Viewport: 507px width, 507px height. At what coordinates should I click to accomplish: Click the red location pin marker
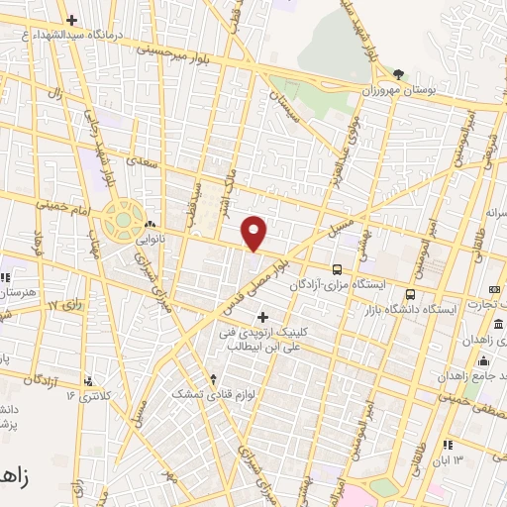[x=255, y=233]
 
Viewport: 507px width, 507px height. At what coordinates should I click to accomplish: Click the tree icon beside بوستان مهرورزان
[x=398, y=73]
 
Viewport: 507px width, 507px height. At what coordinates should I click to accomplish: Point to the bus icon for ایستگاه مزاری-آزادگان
[x=338, y=269]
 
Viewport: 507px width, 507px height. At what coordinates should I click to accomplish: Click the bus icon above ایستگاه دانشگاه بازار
[x=410, y=294]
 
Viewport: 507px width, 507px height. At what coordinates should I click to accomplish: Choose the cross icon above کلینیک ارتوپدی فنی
[x=262, y=317]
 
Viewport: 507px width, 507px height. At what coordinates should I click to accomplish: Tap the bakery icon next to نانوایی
[x=150, y=223]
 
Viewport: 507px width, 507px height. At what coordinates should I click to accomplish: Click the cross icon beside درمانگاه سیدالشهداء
[x=70, y=20]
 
